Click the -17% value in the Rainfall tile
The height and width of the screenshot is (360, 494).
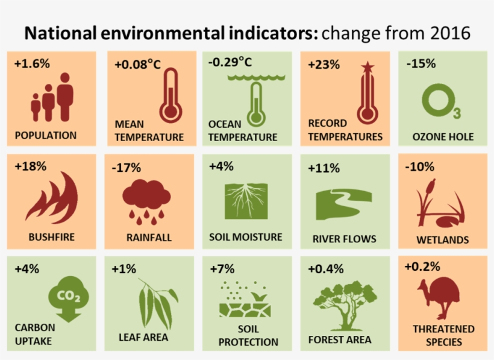coord(126,167)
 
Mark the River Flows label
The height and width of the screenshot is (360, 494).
coord(344,239)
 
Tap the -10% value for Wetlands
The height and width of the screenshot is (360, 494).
coord(419,166)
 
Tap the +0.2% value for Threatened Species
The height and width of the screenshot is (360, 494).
coord(422,266)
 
